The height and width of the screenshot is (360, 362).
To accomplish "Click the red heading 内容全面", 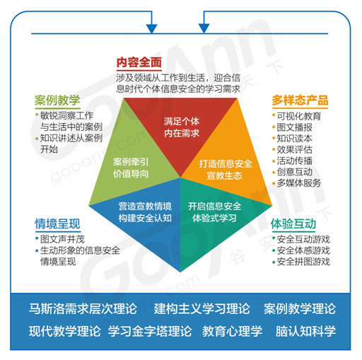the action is point(139,62).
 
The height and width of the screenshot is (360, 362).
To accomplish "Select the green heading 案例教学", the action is point(57,100).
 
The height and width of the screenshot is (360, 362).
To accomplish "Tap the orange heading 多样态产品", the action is point(300,100).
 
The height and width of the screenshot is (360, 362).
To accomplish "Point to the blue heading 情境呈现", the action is point(57,223).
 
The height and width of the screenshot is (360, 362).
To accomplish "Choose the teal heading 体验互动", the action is point(293,223).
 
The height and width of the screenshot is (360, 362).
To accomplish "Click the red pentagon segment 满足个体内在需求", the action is point(181,127).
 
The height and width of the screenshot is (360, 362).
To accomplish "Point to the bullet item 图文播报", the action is point(294,127).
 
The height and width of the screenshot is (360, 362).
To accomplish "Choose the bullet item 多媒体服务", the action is point(299,183).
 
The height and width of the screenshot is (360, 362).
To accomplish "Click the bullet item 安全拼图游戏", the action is point(303,262).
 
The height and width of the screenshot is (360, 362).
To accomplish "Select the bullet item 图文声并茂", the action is point(62,239).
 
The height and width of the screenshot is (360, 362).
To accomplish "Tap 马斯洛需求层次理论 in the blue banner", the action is point(83,308).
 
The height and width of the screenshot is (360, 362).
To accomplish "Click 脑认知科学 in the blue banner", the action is point(305,331).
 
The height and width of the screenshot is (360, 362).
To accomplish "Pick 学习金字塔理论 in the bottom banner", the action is point(150,331).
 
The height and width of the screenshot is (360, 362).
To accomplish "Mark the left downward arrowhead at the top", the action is point(152,28).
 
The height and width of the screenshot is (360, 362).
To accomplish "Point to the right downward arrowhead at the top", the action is point(204,28).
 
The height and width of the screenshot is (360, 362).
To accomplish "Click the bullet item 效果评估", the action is point(294,149).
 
